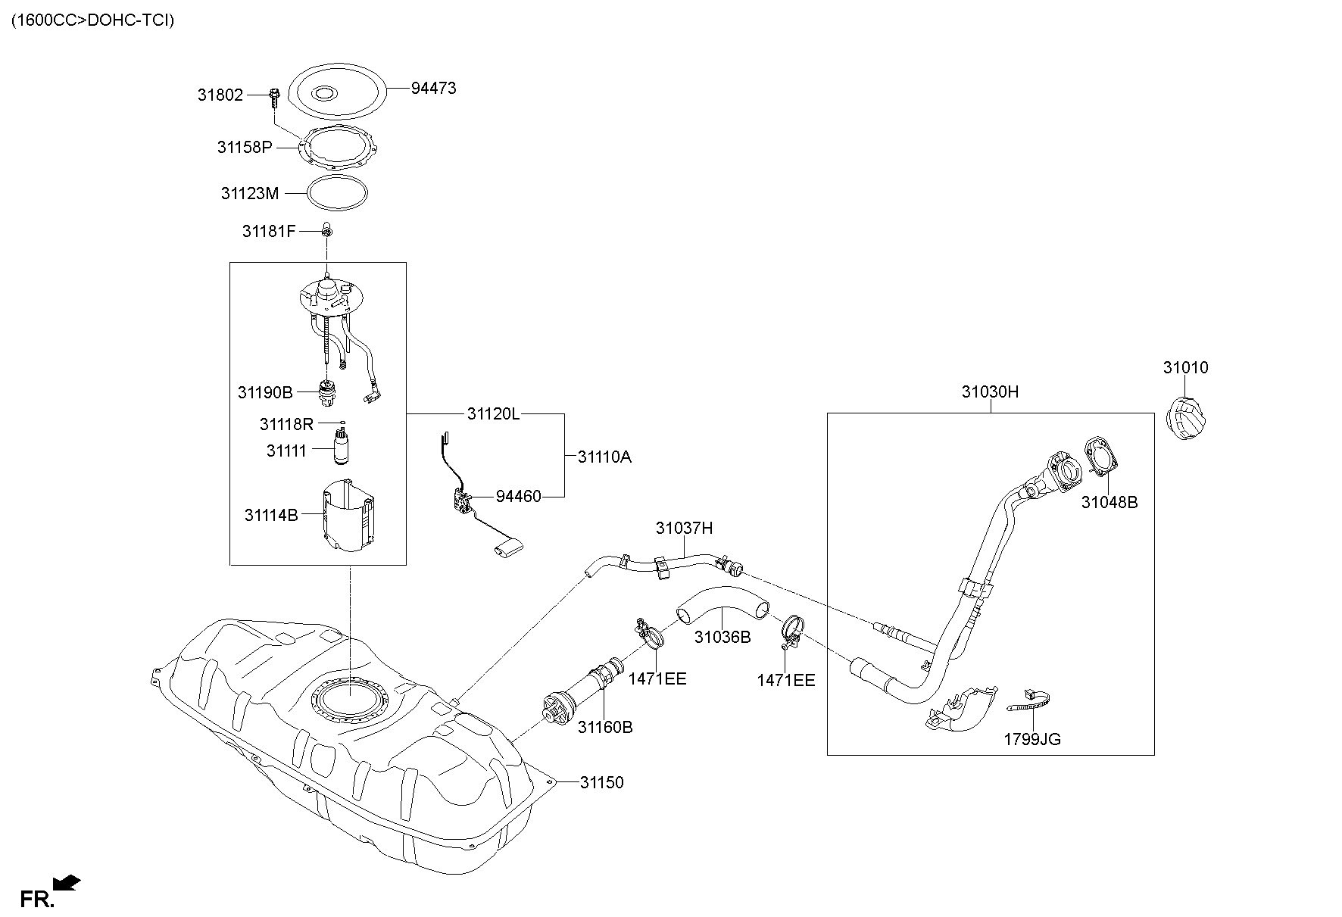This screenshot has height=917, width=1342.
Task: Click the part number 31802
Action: [x=220, y=95]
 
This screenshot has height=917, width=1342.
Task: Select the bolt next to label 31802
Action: [x=273, y=98]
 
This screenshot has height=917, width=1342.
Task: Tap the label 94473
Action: [x=433, y=89]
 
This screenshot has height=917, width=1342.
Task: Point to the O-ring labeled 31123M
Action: [x=339, y=193]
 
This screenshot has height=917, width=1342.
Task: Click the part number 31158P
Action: [x=244, y=148]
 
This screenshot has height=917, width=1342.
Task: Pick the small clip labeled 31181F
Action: [x=327, y=229]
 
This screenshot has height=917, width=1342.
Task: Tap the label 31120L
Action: [x=493, y=414]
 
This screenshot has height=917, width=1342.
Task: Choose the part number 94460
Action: [x=519, y=497]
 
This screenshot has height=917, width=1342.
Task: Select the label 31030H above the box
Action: [x=990, y=392]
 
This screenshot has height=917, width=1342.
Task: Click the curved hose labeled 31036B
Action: [x=721, y=607]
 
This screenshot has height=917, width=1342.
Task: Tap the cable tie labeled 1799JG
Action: [x=1031, y=703]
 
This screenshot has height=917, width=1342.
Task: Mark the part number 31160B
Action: [x=605, y=728]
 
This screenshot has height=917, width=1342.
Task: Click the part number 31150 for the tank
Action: [x=602, y=783]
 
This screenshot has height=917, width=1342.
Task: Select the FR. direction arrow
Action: [x=67, y=883]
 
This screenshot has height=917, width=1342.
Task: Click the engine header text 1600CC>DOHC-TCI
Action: [x=92, y=20]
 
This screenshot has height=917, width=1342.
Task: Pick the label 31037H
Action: [x=684, y=529]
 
